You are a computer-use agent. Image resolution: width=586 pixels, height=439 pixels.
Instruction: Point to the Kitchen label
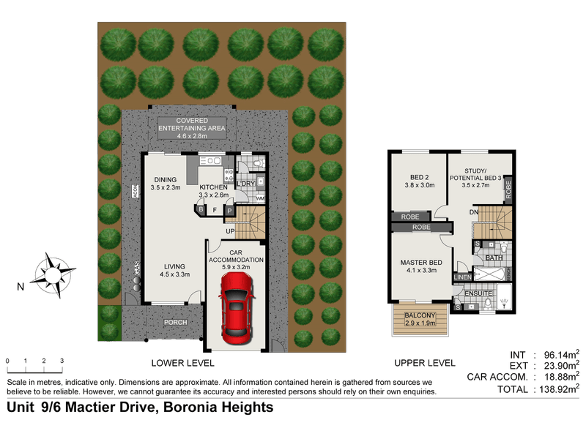[x=215, y=191]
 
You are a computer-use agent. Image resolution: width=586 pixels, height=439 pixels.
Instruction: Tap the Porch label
[x=176, y=322]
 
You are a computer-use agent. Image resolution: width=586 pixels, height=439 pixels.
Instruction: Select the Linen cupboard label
[x=461, y=277]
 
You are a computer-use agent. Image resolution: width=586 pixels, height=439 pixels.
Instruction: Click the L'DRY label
[x=245, y=183]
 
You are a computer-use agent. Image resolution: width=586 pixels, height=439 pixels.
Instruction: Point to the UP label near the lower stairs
[x=230, y=231]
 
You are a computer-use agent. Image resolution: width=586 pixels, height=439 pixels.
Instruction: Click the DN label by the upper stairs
[x=475, y=212]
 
